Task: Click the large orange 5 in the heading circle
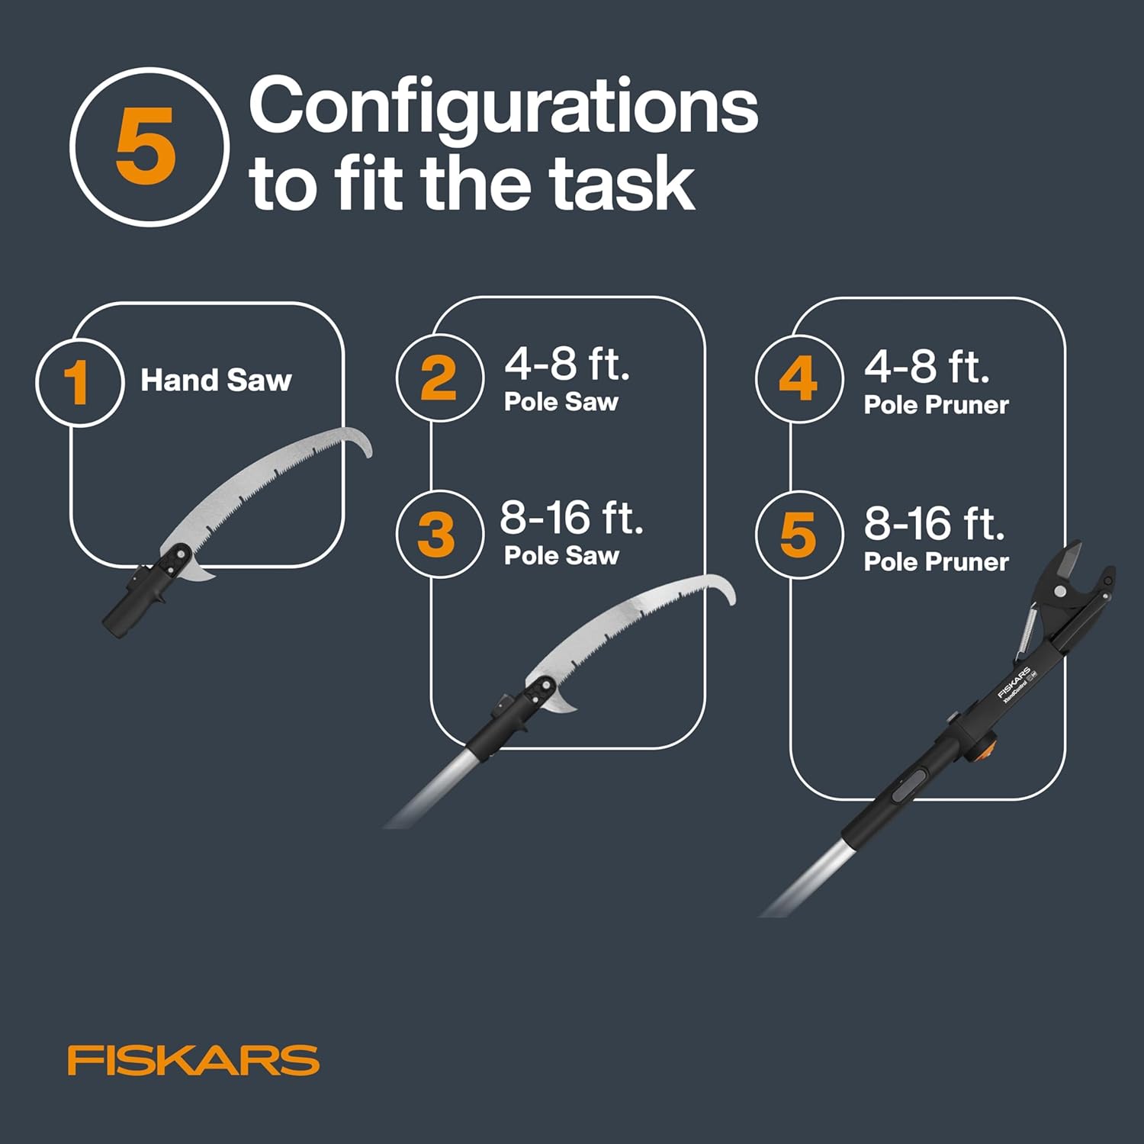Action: tap(146, 146)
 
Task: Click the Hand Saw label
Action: tap(216, 380)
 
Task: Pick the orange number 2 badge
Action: tap(439, 378)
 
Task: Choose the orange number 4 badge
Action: tap(799, 379)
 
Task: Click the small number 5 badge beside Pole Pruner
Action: tap(799, 534)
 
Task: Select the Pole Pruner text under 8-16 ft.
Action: tap(936, 562)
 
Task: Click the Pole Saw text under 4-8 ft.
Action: tap(561, 402)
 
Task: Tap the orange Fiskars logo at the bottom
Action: tap(193, 1060)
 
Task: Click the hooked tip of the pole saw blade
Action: tap(729, 591)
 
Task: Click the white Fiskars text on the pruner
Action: tap(1014, 683)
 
